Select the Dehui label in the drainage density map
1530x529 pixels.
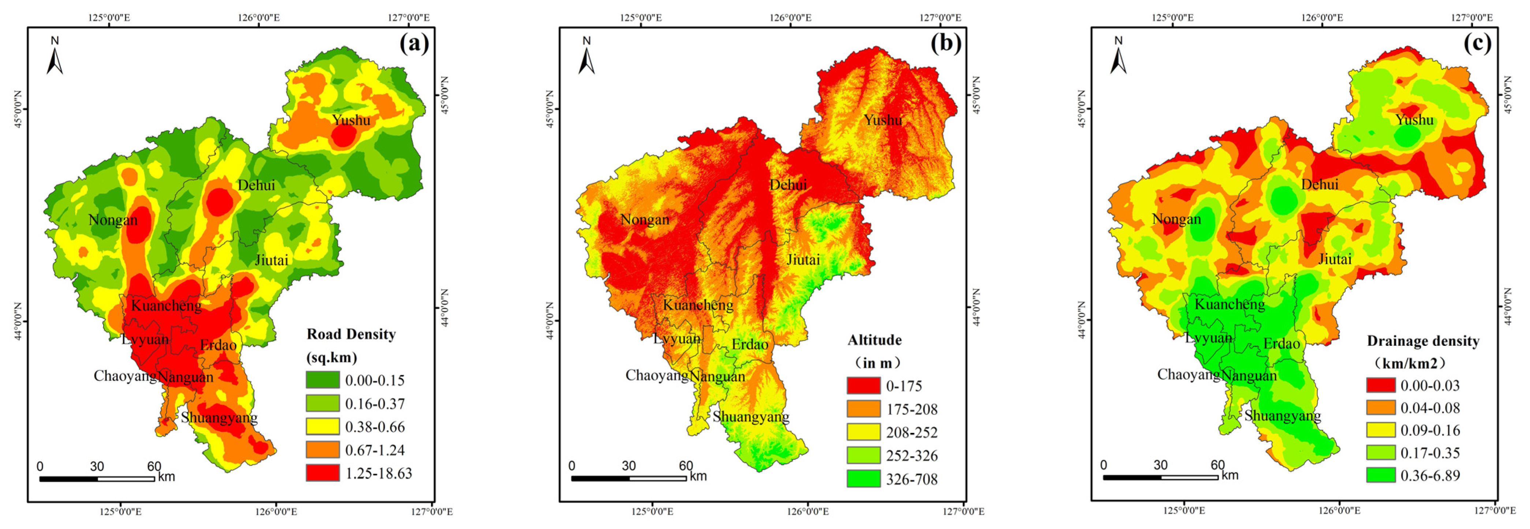[x=1320, y=185]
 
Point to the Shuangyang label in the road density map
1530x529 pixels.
[x=219, y=418]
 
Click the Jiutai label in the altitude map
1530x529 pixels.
[x=803, y=260]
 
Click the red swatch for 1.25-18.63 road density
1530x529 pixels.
[x=323, y=473]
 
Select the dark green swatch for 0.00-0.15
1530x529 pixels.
[x=323, y=380]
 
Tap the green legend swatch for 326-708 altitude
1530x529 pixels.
[x=863, y=479]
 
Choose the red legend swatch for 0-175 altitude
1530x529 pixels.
[x=863, y=385]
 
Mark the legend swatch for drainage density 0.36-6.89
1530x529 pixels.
[x=1381, y=475]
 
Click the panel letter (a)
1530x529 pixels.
[x=414, y=44]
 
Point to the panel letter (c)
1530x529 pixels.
[x=1477, y=44]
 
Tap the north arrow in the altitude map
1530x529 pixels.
[x=587, y=56]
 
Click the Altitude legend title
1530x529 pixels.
[x=874, y=340]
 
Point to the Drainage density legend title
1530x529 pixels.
[x=1422, y=341]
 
